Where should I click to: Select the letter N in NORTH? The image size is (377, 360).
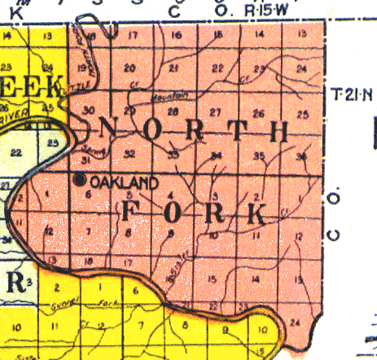[109, 129]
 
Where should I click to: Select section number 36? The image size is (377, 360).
[303, 156]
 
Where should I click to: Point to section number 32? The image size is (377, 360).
[129, 152]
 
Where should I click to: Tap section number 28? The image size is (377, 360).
[172, 110]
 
